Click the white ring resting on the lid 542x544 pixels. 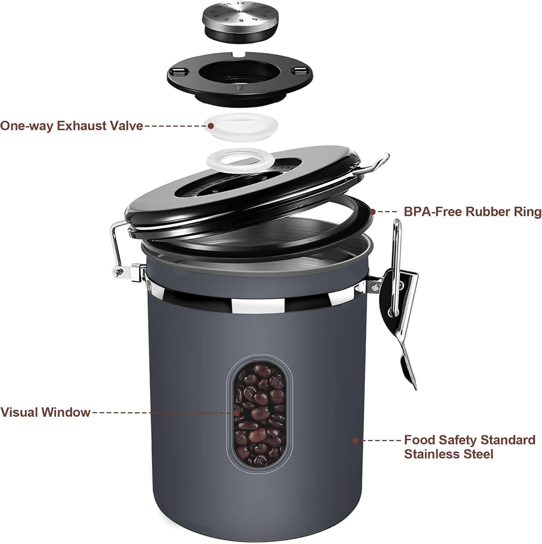click(240, 161)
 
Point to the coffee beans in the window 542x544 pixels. click(260, 414)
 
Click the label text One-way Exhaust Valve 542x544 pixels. click(71, 125)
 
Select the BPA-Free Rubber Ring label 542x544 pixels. click(472, 212)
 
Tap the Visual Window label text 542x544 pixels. click(45, 413)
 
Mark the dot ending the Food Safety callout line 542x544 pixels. click(355, 441)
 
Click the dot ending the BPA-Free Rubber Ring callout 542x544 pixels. click(372, 212)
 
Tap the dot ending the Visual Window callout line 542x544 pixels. click(236, 413)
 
